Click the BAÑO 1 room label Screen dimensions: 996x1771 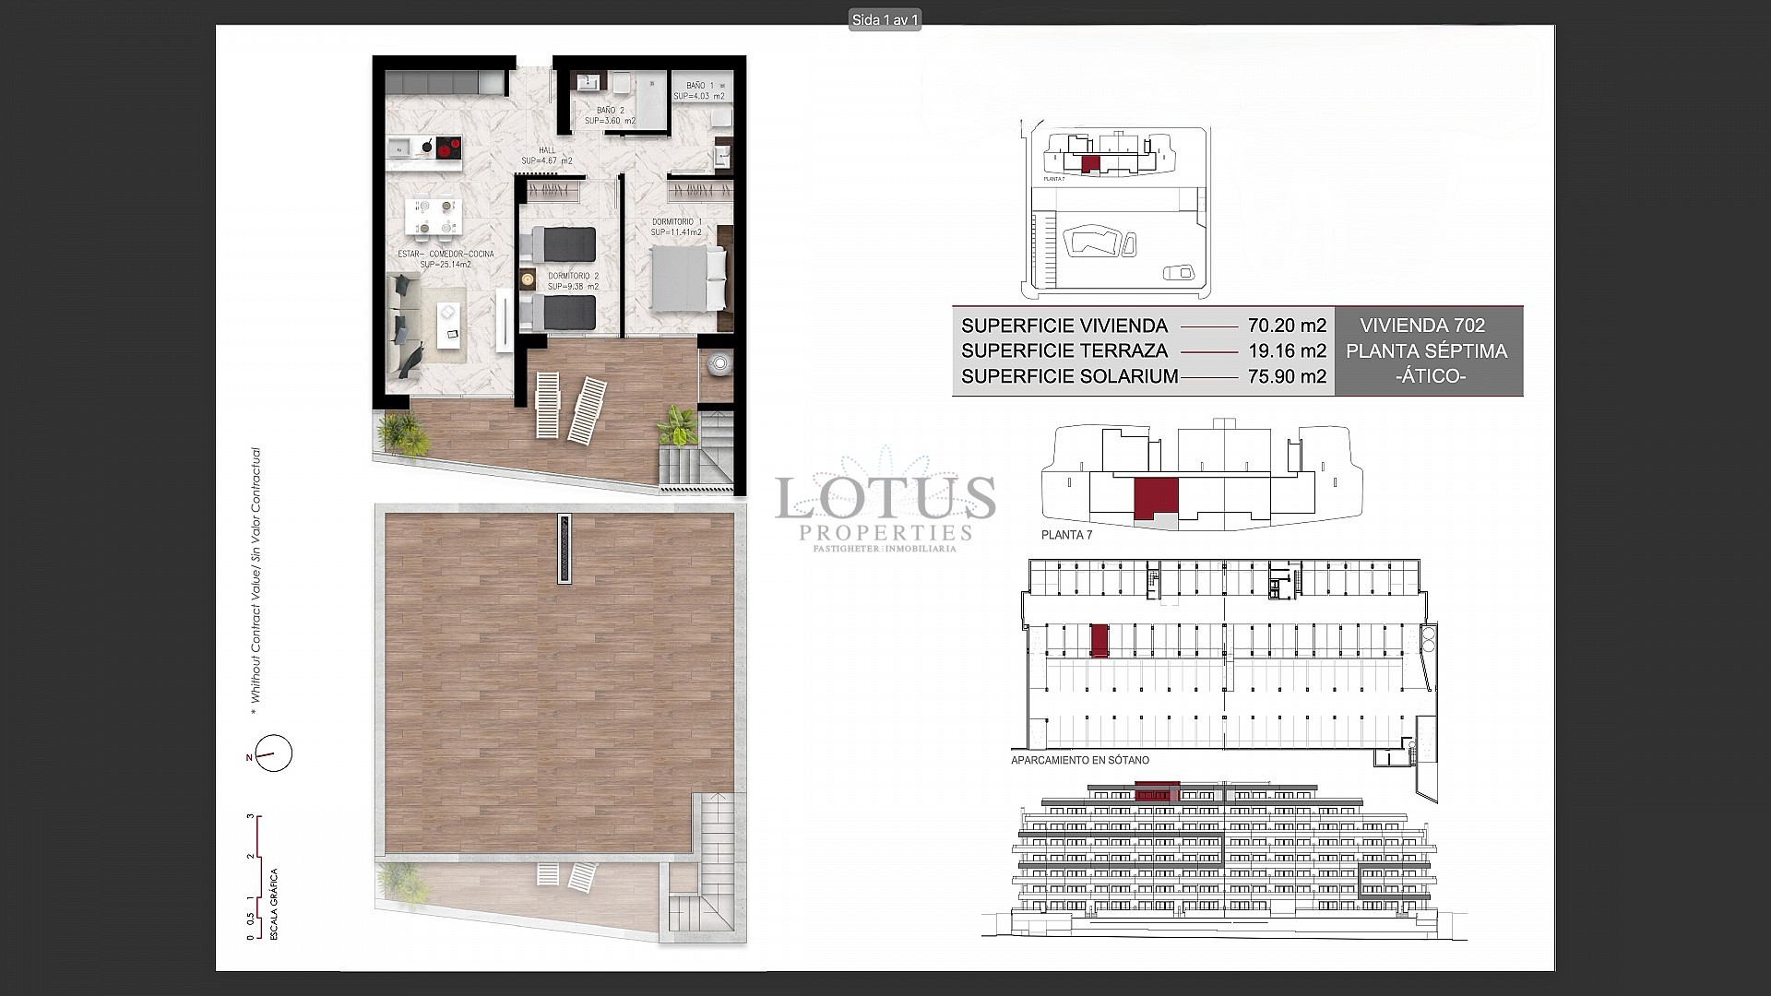click(x=699, y=90)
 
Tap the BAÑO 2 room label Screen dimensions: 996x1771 click(x=610, y=115)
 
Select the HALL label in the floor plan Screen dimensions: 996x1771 click(x=547, y=156)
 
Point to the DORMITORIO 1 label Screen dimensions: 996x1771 click(x=677, y=227)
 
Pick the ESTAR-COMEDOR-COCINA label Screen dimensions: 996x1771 click(x=446, y=259)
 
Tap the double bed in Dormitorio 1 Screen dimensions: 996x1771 click(x=687, y=280)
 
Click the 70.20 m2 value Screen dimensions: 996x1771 click(x=1287, y=326)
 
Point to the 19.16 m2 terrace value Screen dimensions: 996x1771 click(x=1287, y=351)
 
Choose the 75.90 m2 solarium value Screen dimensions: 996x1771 click(x=1287, y=376)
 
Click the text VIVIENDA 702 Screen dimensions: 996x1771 click(x=1422, y=326)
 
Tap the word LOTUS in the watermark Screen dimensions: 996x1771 click(x=885, y=498)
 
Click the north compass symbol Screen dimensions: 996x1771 click(x=273, y=754)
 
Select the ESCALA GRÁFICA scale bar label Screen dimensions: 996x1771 click(x=274, y=904)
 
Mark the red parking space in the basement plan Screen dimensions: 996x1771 click(x=1099, y=640)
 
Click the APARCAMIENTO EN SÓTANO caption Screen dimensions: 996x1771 click(x=1079, y=761)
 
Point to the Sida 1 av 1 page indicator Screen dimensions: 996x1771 click(x=885, y=19)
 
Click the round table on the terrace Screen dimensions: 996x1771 click(x=718, y=363)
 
